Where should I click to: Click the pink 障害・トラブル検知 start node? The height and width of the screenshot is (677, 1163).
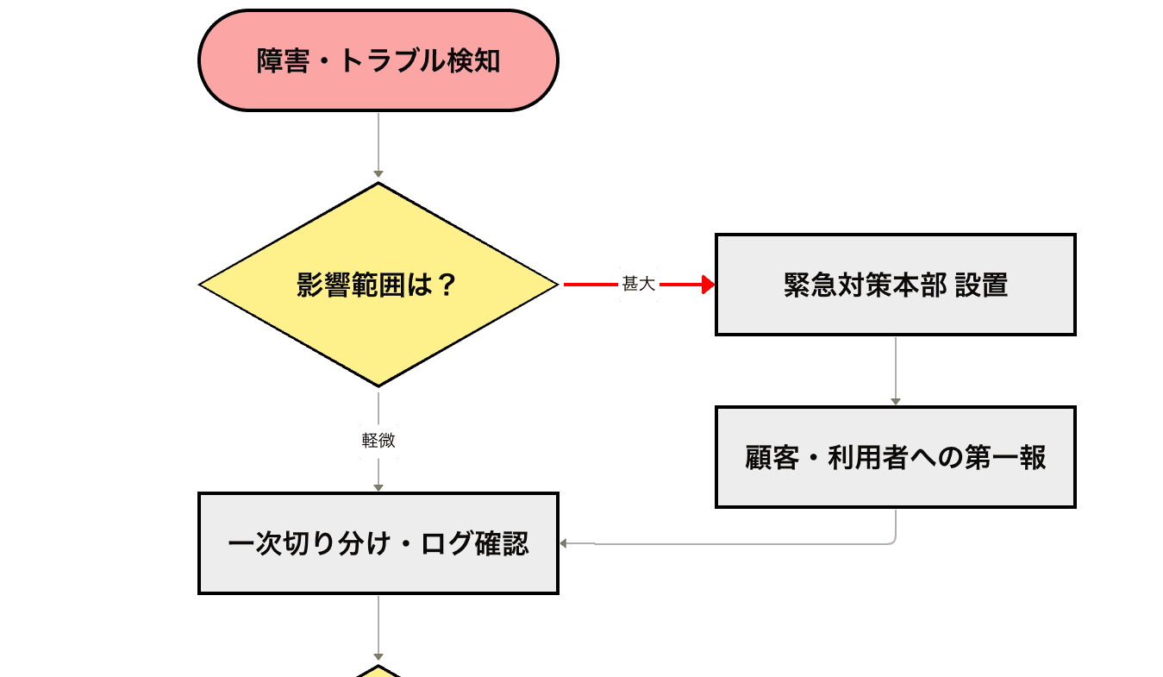pyautogui.click(x=378, y=60)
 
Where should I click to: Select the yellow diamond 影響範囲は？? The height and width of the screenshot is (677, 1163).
pyautogui.click(x=378, y=285)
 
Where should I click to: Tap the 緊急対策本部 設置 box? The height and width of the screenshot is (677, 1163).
pyautogui.click(x=895, y=285)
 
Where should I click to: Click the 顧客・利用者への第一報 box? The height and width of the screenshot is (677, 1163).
pyautogui.click(x=895, y=457)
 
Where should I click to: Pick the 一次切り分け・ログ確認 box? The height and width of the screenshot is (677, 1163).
pyautogui.click(x=378, y=543)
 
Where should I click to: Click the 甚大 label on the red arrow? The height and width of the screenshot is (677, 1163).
pyautogui.click(x=639, y=285)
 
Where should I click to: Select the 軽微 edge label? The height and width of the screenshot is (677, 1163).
pyautogui.click(x=378, y=441)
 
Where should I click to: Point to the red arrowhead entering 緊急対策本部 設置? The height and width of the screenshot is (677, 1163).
pyautogui.click(x=708, y=285)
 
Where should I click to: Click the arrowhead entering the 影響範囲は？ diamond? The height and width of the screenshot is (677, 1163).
pyautogui.click(x=378, y=175)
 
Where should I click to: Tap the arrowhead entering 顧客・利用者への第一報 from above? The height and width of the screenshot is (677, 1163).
pyautogui.click(x=895, y=401)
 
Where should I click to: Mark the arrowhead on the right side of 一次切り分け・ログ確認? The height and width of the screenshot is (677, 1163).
pyautogui.click(x=565, y=543)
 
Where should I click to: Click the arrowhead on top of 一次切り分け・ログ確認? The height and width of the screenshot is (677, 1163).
pyautogui.click(x=378, y=487)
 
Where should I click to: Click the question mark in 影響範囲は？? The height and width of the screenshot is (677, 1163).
pyautogui.click(x=446, y=285)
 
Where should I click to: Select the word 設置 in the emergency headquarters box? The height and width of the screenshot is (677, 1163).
pyautogui.click(x=982, y=285)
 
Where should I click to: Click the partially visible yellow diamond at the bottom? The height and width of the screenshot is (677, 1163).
pyautogui.click(x=378, y=671)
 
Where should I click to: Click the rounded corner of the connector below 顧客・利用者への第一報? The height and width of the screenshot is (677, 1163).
pyautogui.click(x=893, y=542)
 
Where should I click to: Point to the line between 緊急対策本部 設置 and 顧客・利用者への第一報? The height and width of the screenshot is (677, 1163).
pyautogui.click(x=895, y=367)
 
